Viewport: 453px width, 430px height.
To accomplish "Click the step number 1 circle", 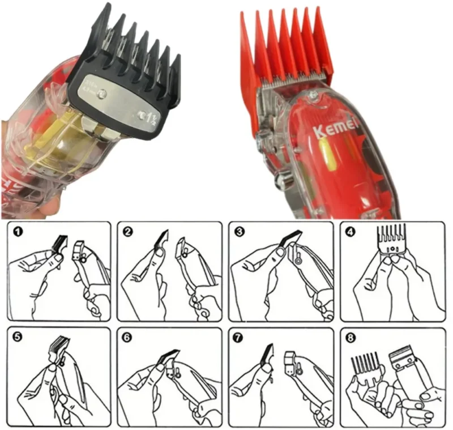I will (x=19, y=232).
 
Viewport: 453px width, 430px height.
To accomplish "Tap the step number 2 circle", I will (x=129, y=232).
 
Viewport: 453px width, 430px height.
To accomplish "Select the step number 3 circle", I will (x=240, y=232).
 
